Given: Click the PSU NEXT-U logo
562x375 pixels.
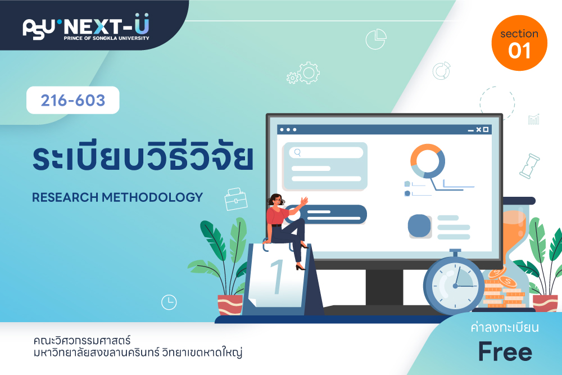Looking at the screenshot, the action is coord(86,27).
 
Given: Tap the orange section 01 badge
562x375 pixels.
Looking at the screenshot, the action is coord(519,43).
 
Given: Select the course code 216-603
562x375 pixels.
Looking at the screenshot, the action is coord(72,101).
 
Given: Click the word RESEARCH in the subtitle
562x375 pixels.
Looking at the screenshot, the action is coord(65,197).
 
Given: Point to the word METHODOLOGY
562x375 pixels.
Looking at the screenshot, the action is coord(152,197).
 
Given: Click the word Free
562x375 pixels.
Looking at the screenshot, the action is coord(505,352).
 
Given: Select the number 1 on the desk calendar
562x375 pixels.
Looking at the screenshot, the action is coord(278,277).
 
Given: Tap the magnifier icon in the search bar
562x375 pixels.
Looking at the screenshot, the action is coord(297,153).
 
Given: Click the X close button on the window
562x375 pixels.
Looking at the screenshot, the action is coord(478,129).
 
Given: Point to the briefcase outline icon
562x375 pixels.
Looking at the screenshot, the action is coord(235,200).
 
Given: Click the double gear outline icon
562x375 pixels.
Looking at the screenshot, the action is coord(303,73).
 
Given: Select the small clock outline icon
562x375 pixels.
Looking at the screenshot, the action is coord(169,302).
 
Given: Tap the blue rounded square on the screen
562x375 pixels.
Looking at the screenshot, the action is coord(419,226).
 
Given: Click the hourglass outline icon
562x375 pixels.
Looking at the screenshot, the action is coord(530,166).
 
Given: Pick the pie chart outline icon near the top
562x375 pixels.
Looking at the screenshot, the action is coord(376,39).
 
